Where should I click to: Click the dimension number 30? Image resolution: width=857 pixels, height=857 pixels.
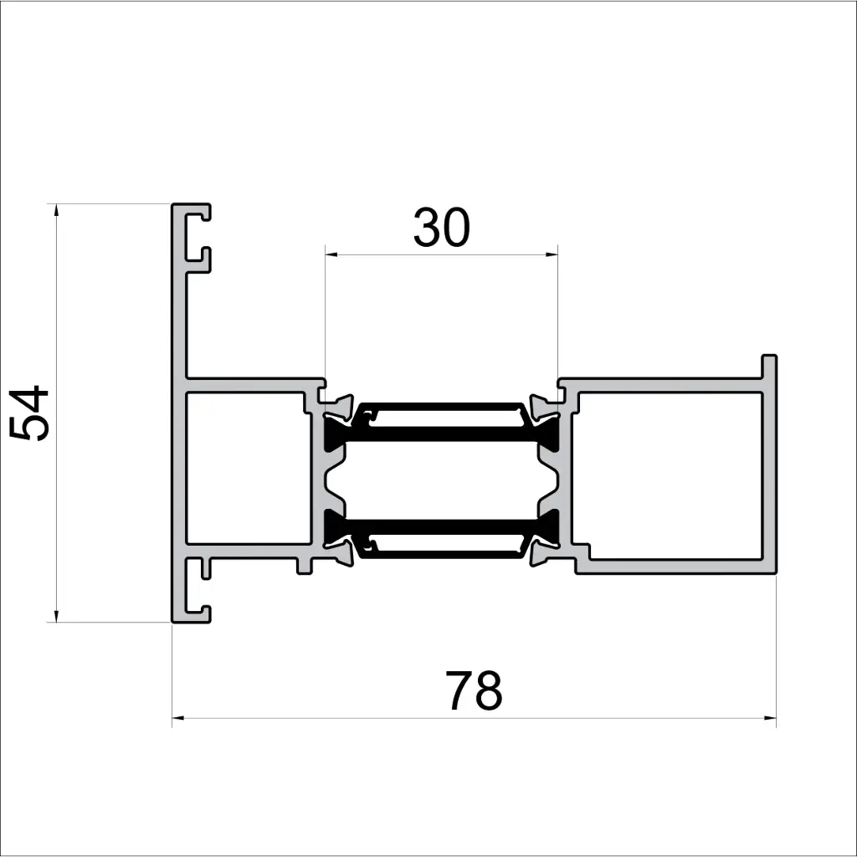(441, 228)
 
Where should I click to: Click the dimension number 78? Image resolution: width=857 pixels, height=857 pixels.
(474, 691)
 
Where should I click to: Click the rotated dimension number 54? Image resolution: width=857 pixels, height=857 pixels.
(31, 413)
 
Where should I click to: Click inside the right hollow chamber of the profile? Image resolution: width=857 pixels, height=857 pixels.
(670, 468)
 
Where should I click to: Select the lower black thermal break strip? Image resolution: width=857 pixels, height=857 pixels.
(441, 526)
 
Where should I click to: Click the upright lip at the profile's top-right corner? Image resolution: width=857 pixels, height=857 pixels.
(769, 367)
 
